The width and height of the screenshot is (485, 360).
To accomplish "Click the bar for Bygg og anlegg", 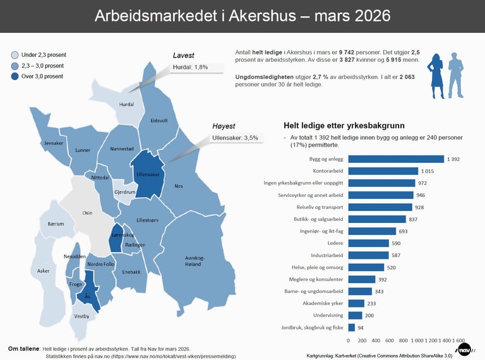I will (396, 159).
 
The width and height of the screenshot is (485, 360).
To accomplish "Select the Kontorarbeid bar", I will (383, 171).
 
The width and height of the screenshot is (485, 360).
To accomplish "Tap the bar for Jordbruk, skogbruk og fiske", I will (351, 327).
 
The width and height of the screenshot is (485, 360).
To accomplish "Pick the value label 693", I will (404, 231).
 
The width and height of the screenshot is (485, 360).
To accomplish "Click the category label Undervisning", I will (328, 315).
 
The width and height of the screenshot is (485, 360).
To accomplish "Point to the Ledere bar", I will (369, 243).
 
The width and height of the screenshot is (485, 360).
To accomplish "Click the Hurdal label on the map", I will (126, 105).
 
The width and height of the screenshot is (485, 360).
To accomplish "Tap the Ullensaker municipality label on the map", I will (147, 174).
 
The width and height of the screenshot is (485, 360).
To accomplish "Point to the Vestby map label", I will (81, 316).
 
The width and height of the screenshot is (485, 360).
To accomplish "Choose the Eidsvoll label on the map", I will (159, 120).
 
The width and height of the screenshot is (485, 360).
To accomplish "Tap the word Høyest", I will (224, 126).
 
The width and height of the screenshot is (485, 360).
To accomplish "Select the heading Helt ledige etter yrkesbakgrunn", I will (344, 125).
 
